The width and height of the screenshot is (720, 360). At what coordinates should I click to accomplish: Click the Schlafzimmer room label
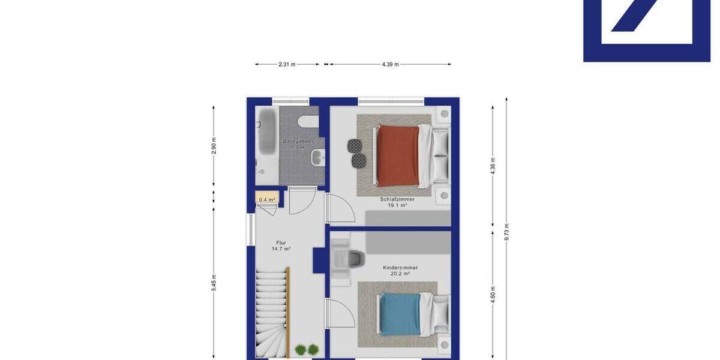tap(397, 199)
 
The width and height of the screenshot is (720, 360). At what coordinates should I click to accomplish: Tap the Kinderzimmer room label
tap(400, 268)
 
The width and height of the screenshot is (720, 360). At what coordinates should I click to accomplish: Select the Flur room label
tap(281, 242)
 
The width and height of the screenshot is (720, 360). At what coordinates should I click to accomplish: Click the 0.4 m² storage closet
tap(267, 200)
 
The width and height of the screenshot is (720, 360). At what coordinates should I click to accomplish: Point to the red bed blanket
tap(397, 156)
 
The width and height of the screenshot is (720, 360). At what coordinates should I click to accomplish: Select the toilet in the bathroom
tap(308, 122)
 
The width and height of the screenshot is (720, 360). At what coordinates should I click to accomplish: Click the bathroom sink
tap(317, 158)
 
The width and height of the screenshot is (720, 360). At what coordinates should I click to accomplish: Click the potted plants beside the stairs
tap(307, 349)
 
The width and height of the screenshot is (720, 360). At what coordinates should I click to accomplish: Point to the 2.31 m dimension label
tap(287, 64)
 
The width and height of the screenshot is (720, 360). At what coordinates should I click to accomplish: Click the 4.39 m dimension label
tap(390, 64)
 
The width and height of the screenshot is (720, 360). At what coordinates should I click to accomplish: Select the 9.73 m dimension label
tap(507, 231)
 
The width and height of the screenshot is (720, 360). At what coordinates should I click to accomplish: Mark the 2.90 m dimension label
tap(214, 146)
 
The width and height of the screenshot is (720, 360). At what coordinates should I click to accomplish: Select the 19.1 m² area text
tap(397, 205)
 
